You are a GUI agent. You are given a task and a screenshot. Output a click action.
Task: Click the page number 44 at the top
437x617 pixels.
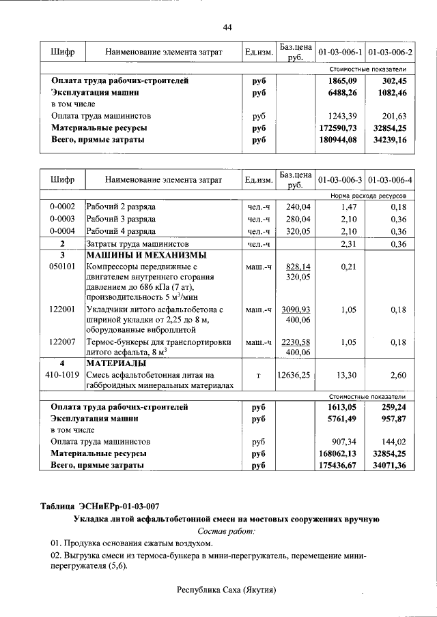pos(227,27)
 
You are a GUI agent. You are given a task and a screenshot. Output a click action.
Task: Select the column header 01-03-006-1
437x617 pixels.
pos(340,52)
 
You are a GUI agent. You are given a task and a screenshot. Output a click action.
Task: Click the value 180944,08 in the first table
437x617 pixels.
pos(339,140)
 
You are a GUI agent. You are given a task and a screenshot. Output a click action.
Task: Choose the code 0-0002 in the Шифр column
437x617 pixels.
pos(62,207)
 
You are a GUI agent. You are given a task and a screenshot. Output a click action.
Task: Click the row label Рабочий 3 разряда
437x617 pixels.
pos(121,219)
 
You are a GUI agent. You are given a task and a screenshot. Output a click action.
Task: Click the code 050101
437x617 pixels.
pos(62,267)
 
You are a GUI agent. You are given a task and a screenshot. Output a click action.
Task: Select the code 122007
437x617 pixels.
pos(62,342)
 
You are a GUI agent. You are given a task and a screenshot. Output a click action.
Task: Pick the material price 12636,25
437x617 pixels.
pos(294,375)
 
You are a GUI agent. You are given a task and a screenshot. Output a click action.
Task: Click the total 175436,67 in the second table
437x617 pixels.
pos(339,465)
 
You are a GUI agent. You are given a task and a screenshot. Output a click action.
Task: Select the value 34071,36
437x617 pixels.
pos(389,465)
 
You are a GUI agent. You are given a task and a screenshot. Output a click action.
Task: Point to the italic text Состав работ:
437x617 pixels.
pos(226,530)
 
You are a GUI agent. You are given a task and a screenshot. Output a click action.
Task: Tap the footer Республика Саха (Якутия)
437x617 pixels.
pos(226,590)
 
